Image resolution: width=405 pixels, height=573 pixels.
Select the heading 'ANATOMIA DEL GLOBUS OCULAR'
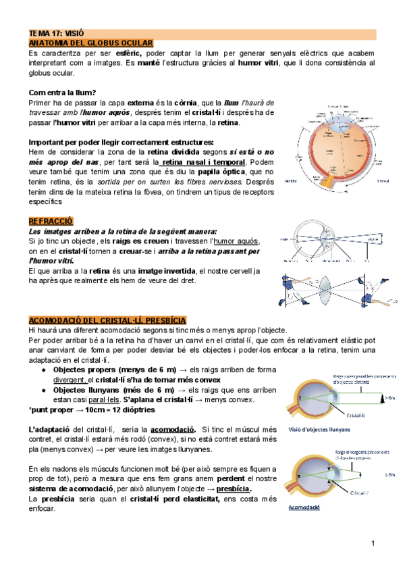90,43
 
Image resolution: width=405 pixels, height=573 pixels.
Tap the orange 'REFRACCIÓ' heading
51,222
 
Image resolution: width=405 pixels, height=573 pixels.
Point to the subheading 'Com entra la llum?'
63,93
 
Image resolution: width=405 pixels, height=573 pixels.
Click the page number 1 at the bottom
372,543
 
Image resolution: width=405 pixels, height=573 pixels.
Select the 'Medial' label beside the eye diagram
291,180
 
